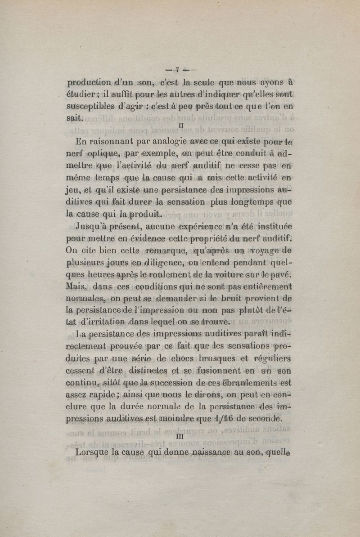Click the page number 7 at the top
[178, 70]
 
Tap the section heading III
[180, 435]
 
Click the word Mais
[76, 286]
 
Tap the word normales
[90, 298]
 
